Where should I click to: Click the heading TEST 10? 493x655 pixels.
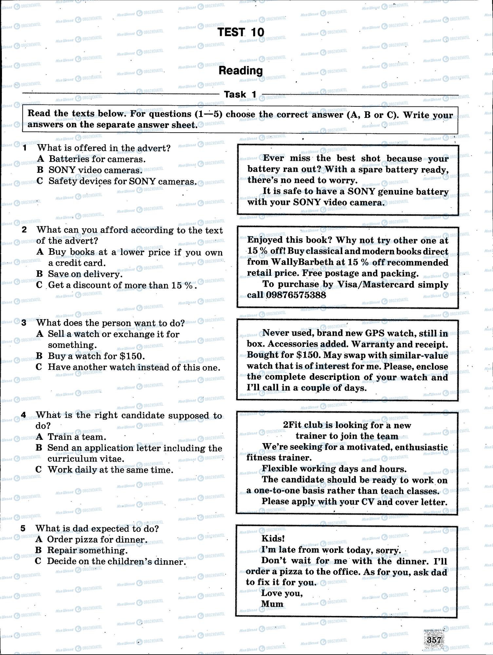tap(241, 32)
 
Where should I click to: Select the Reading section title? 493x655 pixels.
tap(241, 70)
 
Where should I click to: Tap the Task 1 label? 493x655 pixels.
tap(240, 94)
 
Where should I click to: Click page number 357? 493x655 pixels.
tap(434, 639)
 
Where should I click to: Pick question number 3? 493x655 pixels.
tap(24, 323)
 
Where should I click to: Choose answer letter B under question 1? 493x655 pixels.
tap(40, 170)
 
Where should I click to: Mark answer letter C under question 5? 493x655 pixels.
tap(38, 561)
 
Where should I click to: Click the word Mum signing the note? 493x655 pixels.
tap(272, 604)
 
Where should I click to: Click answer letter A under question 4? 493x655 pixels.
tap(39, 437)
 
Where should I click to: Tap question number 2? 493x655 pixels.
tap(24, 230)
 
